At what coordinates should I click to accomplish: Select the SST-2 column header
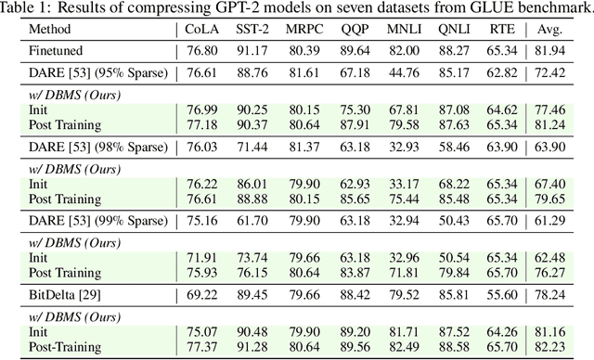point(256,30)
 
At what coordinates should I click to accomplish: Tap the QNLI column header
point(461,30)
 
